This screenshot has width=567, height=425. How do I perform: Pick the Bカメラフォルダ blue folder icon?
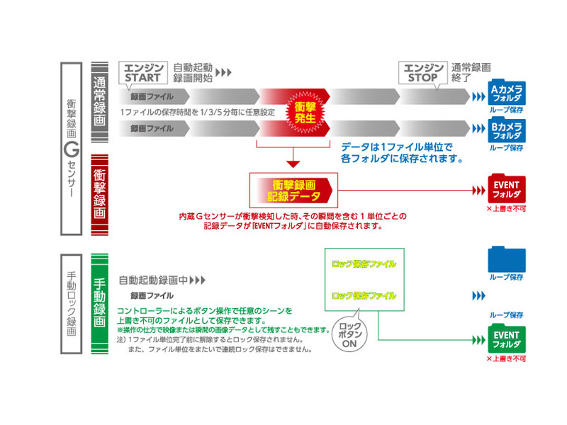tap(506, 130)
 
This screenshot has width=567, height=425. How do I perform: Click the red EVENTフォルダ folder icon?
tap(506, 189)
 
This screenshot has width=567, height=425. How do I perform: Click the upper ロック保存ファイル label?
tap(363, 264)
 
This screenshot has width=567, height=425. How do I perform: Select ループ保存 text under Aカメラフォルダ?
tap(506, 111)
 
